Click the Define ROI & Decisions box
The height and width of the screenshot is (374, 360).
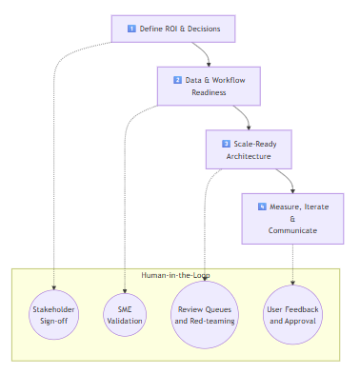[x=172, y=29]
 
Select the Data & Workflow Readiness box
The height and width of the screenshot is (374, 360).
[x=209, y=86]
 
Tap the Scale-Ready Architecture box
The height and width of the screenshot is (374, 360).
[x=249, y=148]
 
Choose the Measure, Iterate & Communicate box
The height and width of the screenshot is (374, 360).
[x=292, y=218]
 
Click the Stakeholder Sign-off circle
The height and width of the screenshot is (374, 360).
[x=54, y=316]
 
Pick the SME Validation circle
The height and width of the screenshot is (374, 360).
[x=124, y=316]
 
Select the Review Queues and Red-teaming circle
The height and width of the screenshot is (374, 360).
[x=208, y=316]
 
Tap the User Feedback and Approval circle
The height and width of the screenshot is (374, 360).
[x=292, y=316]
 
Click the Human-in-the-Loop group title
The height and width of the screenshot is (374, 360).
[x=175, y=275]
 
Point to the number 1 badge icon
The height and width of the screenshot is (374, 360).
[x=131, y=29]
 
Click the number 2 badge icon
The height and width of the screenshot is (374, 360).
[x=177, y=80]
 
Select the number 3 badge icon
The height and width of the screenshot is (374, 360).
[x=226, y=143]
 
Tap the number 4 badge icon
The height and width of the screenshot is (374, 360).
[x=262, y=206]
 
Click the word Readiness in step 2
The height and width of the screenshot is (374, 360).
[x=209, y=92]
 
